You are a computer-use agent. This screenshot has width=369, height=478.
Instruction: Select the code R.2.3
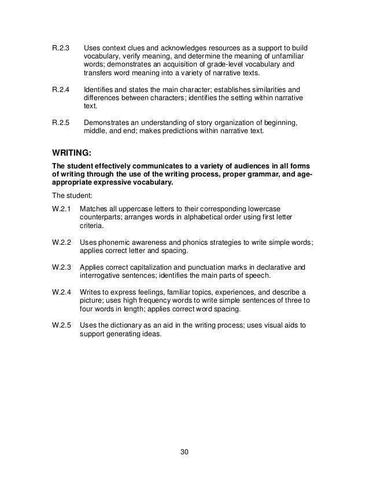[61, 49]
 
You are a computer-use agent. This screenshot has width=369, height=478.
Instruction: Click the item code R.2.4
[61, 91]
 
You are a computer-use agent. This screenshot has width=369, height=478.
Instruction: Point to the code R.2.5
[61, 123]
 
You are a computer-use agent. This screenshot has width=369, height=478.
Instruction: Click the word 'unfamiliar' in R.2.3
[287, 58]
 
